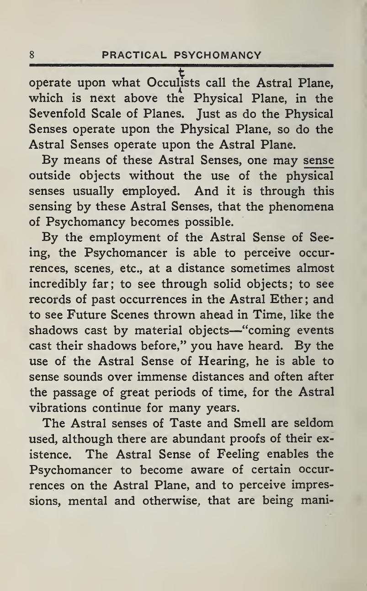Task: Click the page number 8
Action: click(x=32, y=56)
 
